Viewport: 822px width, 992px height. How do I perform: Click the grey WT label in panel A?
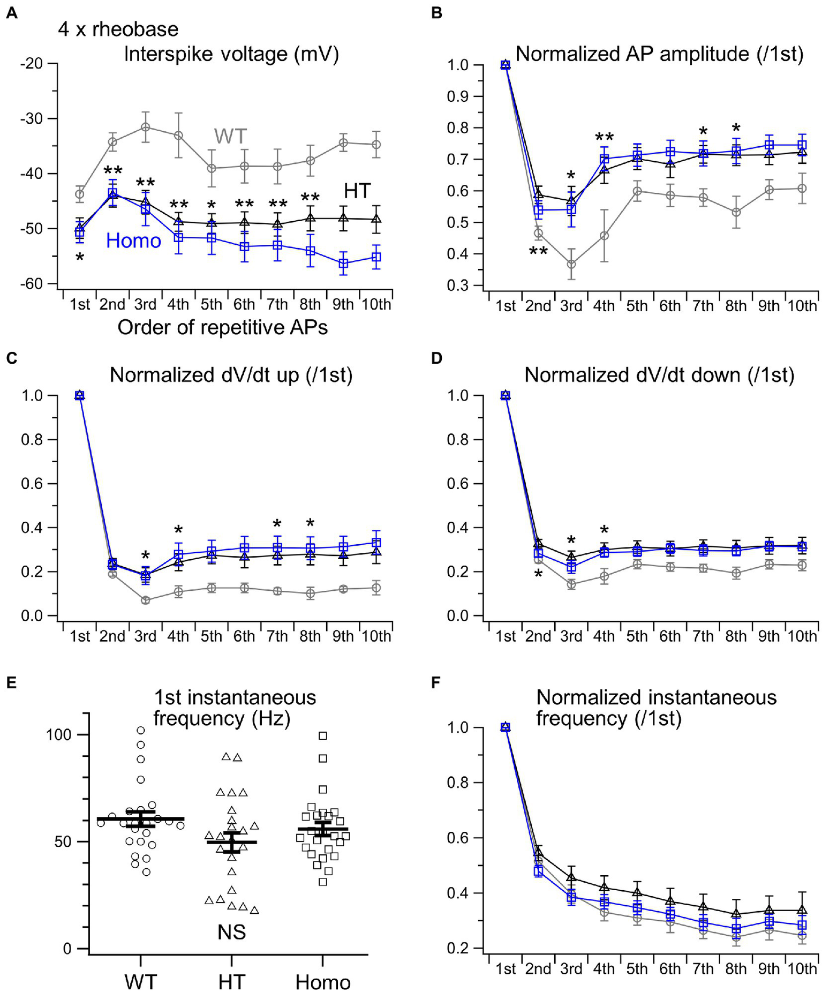pyautogui.click(x=230, y=136)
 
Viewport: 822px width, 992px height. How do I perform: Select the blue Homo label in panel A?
pyautogui.click(x=133, y=241)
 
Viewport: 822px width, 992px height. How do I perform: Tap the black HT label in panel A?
pyautogui.click(x=357, y=191)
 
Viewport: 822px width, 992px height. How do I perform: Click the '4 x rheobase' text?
pyautogui.click(x=118, y=29)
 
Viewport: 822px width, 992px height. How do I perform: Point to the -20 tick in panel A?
pyautogui.click(x=32, y=64)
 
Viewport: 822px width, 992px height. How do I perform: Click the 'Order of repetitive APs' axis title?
pyautogui.click(x=222, y=327)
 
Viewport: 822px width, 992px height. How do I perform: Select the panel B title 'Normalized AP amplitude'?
pyautogui.click(x=659, y=54)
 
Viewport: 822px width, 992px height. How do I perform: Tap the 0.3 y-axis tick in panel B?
pyautogui.click(x=457, y=285)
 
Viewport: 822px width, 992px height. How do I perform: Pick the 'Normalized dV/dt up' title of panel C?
pyautogui.click(x=231, y=375)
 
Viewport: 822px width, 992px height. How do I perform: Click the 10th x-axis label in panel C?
pyautogui.click(x=376, y=636)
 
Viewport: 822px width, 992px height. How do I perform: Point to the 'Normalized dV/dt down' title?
pyautogui.click(x=659, y=375)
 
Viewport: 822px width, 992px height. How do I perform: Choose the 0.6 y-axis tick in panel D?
pyautogui.click(x=457, y=484)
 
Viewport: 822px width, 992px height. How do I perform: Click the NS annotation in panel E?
pyautogui.click(x=231, y=933)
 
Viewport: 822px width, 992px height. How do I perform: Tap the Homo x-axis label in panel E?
pyautogui.click(x=323, y=982)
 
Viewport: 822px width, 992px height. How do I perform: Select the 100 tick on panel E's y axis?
pyautogui.click(x=59, y=734)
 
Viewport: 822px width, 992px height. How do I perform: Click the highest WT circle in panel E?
pyautogui.click(x=141, y=730)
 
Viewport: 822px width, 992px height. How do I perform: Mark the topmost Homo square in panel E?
pyautogui.click(x=323, y=736)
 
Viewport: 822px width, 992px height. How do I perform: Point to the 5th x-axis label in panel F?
pyautogui.click(x=637, y=968)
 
